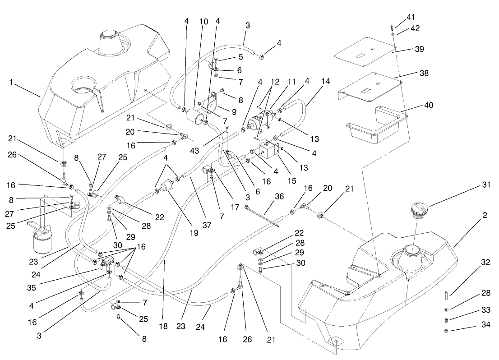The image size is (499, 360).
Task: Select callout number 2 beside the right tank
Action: (484, 216)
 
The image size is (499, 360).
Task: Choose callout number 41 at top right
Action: (411, 17)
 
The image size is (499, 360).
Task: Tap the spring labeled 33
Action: (446, 320)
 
